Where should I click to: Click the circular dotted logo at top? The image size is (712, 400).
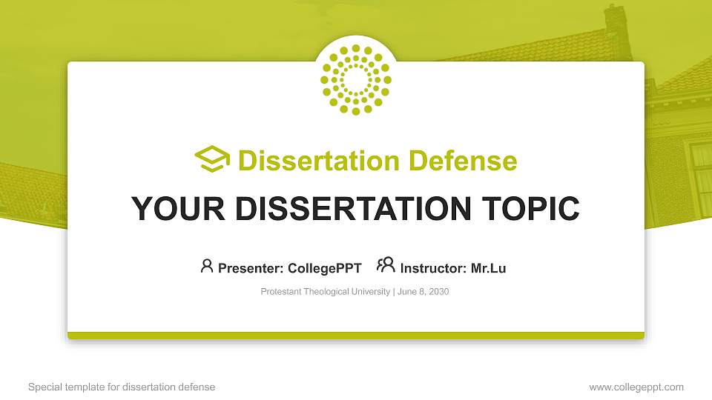click(356, 79)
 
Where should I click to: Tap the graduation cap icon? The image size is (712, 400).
click(212, 160)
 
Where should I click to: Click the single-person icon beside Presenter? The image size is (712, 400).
click(207, 266)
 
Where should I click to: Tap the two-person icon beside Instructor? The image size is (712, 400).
click(386, 265)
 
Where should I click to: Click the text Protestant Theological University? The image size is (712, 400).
click(325, 292)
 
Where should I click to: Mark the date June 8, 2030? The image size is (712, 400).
click(423, 292)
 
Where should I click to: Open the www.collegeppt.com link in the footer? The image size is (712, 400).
click(636, 387)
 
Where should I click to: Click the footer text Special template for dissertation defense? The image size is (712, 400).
click(122, 387)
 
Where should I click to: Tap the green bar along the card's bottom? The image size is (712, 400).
click(356, 336)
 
